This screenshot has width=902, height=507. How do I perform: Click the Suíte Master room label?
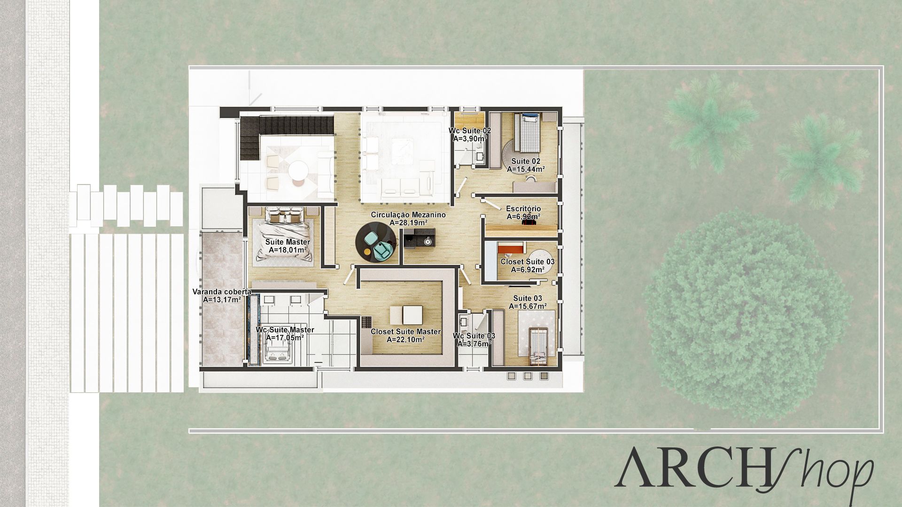tap(288, 242)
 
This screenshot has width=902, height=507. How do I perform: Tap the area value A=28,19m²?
tap(408, 223)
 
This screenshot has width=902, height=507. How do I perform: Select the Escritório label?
tap(523, 208)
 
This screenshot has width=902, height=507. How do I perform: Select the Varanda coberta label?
tap(222, 292)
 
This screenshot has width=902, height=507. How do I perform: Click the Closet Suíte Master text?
tap(406, 331)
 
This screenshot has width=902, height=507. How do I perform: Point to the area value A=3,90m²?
tap(469, 139)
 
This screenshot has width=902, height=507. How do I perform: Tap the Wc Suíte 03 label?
tap(474, 336)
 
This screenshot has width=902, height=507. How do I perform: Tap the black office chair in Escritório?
tap(529, 223)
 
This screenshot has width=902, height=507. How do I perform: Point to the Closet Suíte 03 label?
tap(527, 261)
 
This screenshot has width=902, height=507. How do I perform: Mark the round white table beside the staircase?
tap(298, 168)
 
